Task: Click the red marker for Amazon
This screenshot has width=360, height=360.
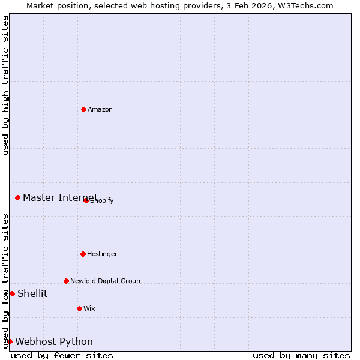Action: (83, 109)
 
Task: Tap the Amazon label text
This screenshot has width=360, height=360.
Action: (100, 109)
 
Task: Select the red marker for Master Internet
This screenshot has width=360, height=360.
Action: (17, 197)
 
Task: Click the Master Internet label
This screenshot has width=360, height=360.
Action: (60, 197)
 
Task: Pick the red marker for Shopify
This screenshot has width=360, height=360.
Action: (86, 200)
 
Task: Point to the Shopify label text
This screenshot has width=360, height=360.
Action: (102, 200)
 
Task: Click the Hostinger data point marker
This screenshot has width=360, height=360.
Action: (83, 254)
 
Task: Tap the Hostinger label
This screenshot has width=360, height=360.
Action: (102, 254)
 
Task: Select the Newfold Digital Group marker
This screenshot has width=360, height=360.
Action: (66, 281)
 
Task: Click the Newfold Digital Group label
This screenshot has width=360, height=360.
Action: (105, 281)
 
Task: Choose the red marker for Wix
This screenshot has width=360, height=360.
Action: (79, 308)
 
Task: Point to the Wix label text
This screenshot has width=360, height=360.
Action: (89, 308)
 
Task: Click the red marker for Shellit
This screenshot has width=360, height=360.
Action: (12, 293)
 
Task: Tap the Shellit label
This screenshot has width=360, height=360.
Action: (32, 293)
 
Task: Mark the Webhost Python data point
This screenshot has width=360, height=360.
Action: (10, 341)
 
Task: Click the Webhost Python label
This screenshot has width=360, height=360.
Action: (54, 341)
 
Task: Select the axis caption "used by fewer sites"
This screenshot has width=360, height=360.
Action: (62, 355)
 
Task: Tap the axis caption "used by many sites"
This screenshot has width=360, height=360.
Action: (301, 355)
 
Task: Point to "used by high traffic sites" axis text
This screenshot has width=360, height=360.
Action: (5, 85)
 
